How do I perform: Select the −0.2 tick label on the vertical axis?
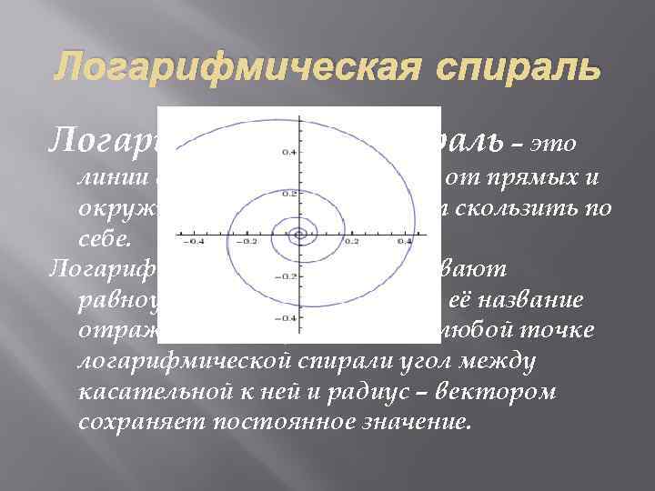tap(285, 276)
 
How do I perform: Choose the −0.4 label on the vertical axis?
tap(285, 317)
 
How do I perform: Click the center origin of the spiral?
tap(298, 235)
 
